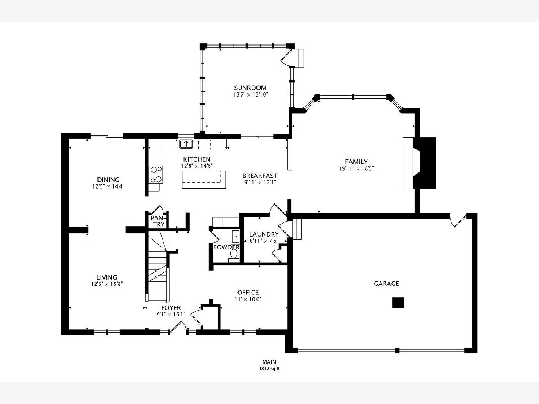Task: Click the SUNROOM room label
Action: tap(250, 88)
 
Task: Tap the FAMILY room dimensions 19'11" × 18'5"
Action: tap(356, 168)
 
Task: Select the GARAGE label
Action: tap(386, 284)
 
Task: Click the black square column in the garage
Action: tap(398, 303)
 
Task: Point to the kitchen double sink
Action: tap(186, 144)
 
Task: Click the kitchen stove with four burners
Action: tap(155, 175)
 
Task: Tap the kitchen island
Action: tap(204, 180)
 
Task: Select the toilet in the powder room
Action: tap(234, 255)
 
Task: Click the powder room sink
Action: tap(235, 236)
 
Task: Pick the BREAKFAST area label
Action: tap(260, 176)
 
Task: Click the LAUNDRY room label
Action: tap(264, 234)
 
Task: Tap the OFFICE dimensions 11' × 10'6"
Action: tap(248, 299)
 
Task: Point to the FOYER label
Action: tap(171, 308)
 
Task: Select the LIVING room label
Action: tap(107, 277)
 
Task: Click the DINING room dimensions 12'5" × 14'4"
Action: tap(108, 186)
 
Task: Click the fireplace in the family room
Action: tap(420, 163)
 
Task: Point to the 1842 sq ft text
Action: tap(269, 369)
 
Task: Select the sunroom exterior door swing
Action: tap(286, 58)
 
